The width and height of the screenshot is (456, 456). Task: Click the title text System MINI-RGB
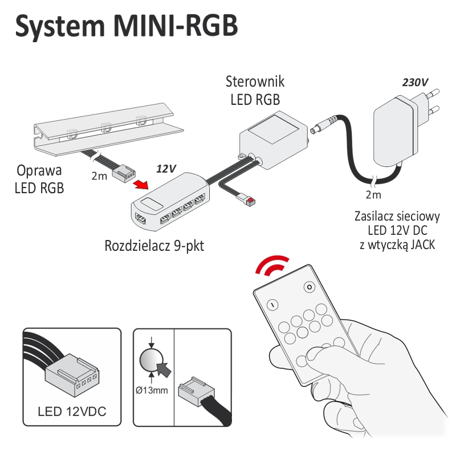(x=126, y=27)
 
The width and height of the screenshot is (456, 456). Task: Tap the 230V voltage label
(x=415, y=82)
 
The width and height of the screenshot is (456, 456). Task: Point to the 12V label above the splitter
(x=166, y=169)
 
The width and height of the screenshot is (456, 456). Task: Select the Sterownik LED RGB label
(x=255, y=90)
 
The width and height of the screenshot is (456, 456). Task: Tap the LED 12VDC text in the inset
(x=72, y=411)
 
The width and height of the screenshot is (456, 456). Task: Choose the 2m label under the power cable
(x=373, y=196)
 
